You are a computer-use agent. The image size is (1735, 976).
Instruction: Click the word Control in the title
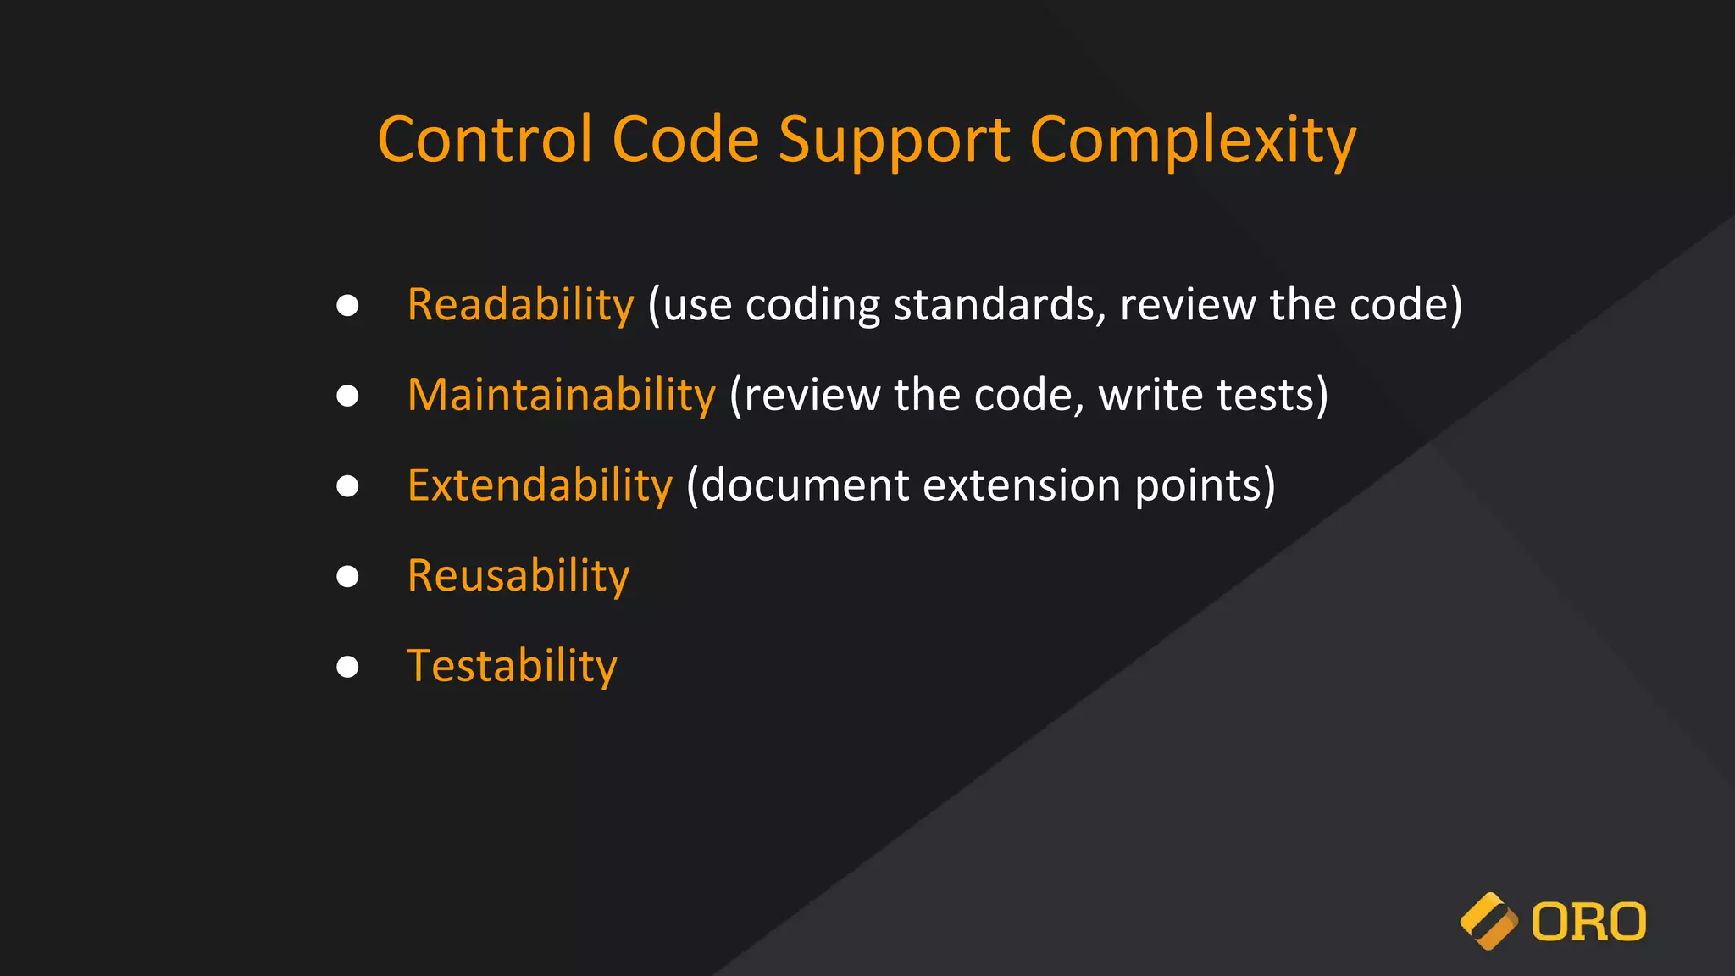(x=485, y=139)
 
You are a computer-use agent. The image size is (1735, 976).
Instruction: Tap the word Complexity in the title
(x=1193, y=141)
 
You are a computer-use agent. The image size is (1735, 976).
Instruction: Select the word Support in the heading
(x=895, y=141)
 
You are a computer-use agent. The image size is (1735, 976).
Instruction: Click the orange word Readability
(x=520, y=305)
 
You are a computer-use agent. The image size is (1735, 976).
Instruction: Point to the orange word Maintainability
(x=562, y=396)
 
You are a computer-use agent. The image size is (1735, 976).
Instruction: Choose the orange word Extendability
(x=540, y=485)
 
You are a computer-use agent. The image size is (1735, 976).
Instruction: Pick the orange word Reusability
(x=518, y=576)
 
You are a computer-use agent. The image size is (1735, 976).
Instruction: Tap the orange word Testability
(x=512, y=666)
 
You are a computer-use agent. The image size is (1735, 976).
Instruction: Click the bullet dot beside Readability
(x=347, y=305)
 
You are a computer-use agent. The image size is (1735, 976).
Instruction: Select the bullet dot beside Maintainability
(x=347, y=396)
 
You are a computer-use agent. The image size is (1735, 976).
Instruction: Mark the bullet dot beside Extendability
(x=347, y=485)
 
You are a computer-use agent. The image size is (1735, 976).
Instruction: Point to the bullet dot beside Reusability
(x=347, y=576)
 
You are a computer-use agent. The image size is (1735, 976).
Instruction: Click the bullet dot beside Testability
(x=347, y=667)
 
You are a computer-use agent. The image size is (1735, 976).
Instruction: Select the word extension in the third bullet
(x=1022, y=485)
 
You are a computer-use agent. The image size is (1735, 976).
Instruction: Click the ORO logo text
(x=1588, y=922)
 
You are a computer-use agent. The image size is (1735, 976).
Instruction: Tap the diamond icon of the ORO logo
(x=1488, y=921)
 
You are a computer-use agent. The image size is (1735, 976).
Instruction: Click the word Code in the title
(x=685, y=139)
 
